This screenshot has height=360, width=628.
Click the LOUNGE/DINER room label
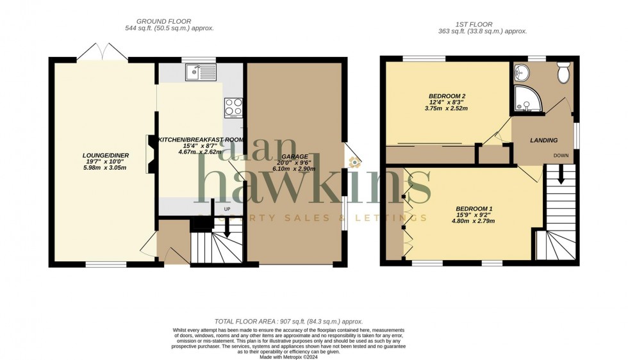[106, 154]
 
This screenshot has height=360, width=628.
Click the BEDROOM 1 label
[474, 208]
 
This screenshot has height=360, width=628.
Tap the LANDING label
[543, 140]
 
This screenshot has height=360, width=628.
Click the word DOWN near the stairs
[561, 156]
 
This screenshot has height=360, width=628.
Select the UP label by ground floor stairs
[227, 209]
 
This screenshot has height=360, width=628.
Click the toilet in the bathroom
[564, 74]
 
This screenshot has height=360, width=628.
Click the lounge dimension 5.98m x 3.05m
[106, 168]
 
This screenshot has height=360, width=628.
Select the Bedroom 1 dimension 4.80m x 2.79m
[474, 221]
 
